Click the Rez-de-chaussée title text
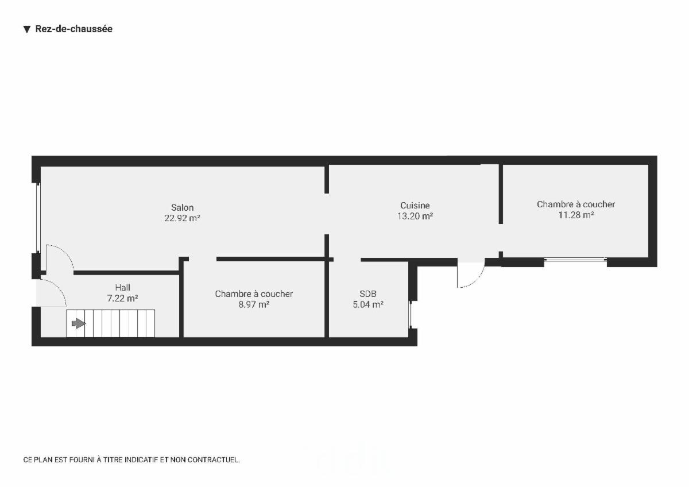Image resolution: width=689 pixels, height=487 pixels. tap(74, 29)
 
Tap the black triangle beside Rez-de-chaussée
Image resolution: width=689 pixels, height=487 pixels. tap(27, 29)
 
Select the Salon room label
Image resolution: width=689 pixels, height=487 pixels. tap(183, 207)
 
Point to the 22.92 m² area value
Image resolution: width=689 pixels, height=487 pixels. tap(183, 218)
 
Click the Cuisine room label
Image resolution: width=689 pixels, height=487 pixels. tap(415, 205)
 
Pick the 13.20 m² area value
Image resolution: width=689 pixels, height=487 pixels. tap(415, 216)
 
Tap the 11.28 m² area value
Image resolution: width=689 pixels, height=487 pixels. tap(576, 215)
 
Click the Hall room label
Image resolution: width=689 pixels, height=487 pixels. tap(122, 287)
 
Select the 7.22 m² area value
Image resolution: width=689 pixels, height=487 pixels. tap(122, 298)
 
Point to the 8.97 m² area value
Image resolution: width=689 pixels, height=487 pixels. tap(254, 304)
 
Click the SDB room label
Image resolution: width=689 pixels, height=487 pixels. tap(368, 294)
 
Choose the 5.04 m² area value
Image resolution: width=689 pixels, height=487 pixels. tap(368, 304)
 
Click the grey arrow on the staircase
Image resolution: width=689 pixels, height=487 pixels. tap(79, 323)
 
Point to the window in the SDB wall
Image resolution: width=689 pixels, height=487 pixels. tap(410, 314)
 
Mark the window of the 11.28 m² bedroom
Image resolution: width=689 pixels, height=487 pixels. tap(575, 260)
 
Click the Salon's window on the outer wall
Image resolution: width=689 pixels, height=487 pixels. tap(38, 218)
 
